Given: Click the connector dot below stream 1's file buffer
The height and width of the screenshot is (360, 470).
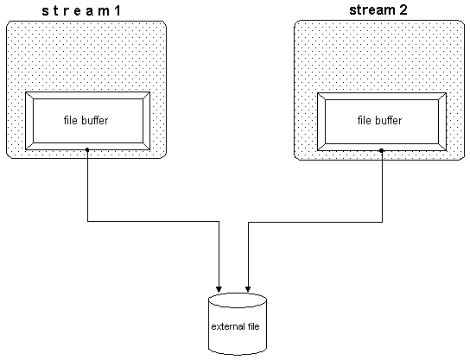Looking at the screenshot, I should (x=88, y=150).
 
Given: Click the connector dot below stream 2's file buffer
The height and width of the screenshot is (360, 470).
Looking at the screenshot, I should (x=381, y=150).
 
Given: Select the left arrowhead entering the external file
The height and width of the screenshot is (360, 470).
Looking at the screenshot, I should (x=220, y=286).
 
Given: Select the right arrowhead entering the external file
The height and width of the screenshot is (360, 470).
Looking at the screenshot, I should (x=249, y=286).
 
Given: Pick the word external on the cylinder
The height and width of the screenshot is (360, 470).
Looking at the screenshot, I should (x=228, y=327).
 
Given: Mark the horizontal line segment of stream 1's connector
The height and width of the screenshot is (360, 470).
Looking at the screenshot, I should (x=154, y=222).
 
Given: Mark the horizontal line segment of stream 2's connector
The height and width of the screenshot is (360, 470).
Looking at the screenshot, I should (x=314, y=222).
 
